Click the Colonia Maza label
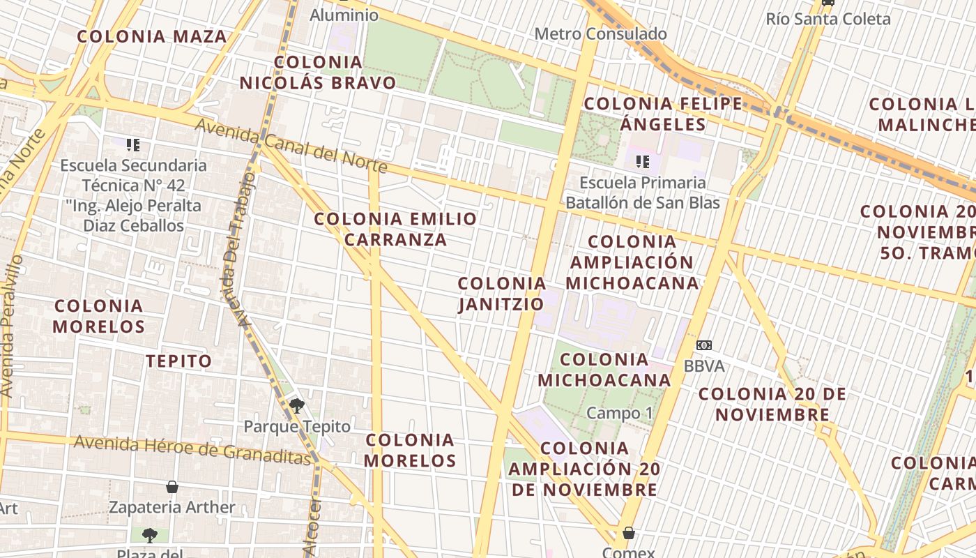(152, 37)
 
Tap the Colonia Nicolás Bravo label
(318, 73)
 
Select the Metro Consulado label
(600, 33)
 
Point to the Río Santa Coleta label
(828, 19)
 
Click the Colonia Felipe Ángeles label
(663, 114)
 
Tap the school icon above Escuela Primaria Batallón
(642, 163)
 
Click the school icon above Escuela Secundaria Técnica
(133, 145)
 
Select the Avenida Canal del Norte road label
(291, 145)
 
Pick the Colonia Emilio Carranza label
(395, 229)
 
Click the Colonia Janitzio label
(502, 294)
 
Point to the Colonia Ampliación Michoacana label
(632, 262)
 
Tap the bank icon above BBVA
(704, 345)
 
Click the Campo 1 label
(619, 413)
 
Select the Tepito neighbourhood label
(178, 361)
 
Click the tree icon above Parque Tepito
(297, 405)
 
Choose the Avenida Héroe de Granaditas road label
(192, 449)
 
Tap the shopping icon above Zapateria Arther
(172, 487)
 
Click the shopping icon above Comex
(628, 534)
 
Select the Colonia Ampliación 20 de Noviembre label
(584, 469)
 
